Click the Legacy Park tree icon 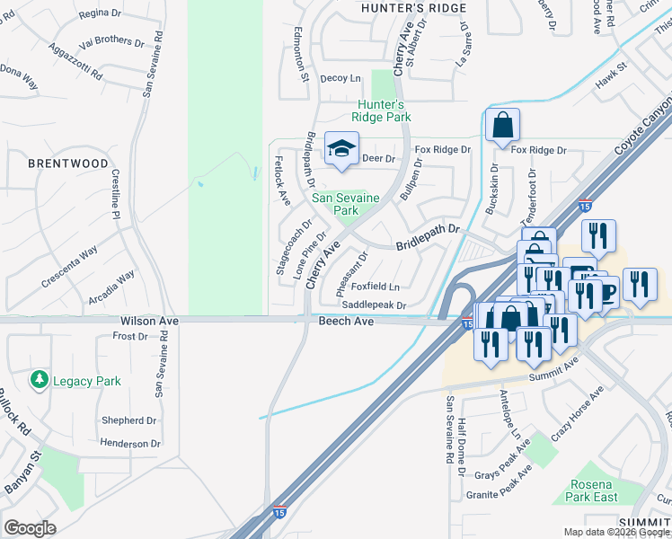click(39, 381)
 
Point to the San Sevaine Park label click(346, 204)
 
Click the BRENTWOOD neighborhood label click(68, 164)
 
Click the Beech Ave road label click(345, 321)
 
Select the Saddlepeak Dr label click(374, 305)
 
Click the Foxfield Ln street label click(376, 287)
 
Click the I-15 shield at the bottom click(279, 511)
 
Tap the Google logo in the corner click(30, 528)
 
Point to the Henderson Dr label click(130, 443)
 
